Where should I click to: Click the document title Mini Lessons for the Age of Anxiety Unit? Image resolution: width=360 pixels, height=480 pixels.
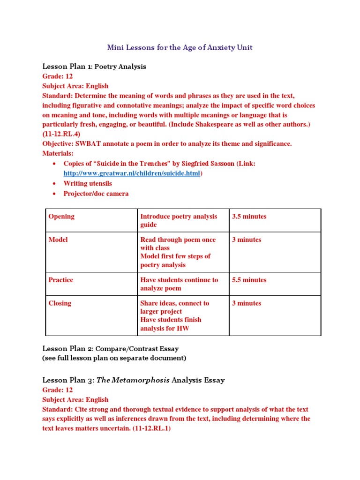click(x=180, y=47)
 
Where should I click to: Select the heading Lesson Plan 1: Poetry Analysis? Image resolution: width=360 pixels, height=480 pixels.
click(x=94, y=67)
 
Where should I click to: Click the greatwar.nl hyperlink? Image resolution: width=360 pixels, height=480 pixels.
click(x=132, y=173)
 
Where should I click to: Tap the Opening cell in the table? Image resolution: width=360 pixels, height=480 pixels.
click(x=61, y=217)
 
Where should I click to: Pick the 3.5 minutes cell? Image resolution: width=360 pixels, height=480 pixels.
click(x=249, y=217)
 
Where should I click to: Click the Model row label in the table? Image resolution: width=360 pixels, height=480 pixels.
click(x=58, y=240)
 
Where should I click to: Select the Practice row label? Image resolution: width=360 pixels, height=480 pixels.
click(x=61, y=280)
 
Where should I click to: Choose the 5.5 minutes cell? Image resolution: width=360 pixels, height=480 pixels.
click(x=249, y=280)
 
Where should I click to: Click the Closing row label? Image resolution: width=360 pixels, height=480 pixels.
click(x=60, y=303)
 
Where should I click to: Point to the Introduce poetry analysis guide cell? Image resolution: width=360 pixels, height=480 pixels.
click(x=179, y=220)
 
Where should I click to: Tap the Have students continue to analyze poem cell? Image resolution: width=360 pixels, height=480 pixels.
click(x=179, y=284)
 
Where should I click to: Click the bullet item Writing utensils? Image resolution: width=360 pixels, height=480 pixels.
click(x=88, y=183)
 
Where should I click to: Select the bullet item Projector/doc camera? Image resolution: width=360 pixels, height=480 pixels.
click(x=96, y=194)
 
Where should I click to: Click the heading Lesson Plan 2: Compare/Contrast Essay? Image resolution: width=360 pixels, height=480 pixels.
click(x=111, y=349)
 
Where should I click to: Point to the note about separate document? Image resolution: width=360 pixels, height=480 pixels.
click(x=114, y=358)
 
